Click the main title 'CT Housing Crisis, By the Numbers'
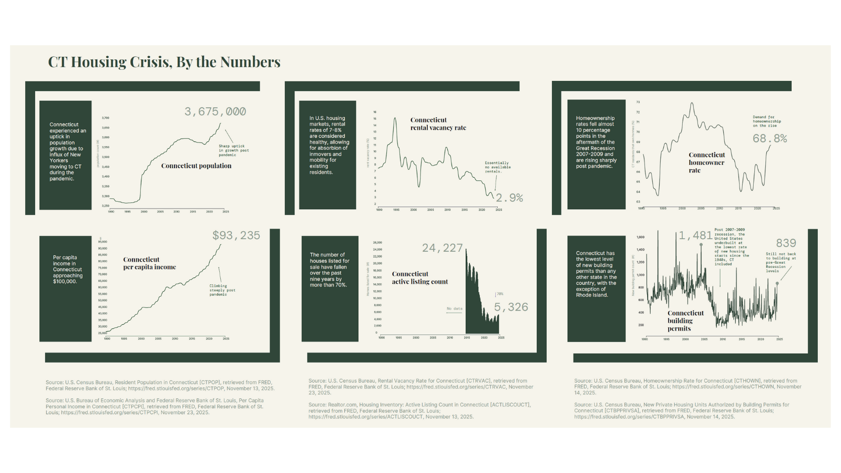tap(164, 62)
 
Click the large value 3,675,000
tap(215, 111)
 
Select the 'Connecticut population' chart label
tap(196, 166)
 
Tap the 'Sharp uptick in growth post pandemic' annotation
tap(233, 150)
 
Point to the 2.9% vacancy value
tap(509, 198)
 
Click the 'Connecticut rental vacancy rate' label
tap(438, 124)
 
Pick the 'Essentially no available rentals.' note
tap(497, 167)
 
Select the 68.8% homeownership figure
tap(770, 139)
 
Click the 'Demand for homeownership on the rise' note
tap(766, 121)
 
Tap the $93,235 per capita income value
tap(236, 235)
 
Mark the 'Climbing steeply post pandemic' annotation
tap(222, 290)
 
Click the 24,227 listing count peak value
tap(442, 248)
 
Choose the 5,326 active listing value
tap(510, 307)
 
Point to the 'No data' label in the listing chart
tap(454, 309)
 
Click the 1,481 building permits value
tap(695, 235)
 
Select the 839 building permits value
tap(786, 243)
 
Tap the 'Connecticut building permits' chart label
tap(685, 321)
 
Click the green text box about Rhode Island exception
tap(596, 274)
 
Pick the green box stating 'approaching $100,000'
tap(65, 270)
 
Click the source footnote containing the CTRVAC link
tap(420, 387)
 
